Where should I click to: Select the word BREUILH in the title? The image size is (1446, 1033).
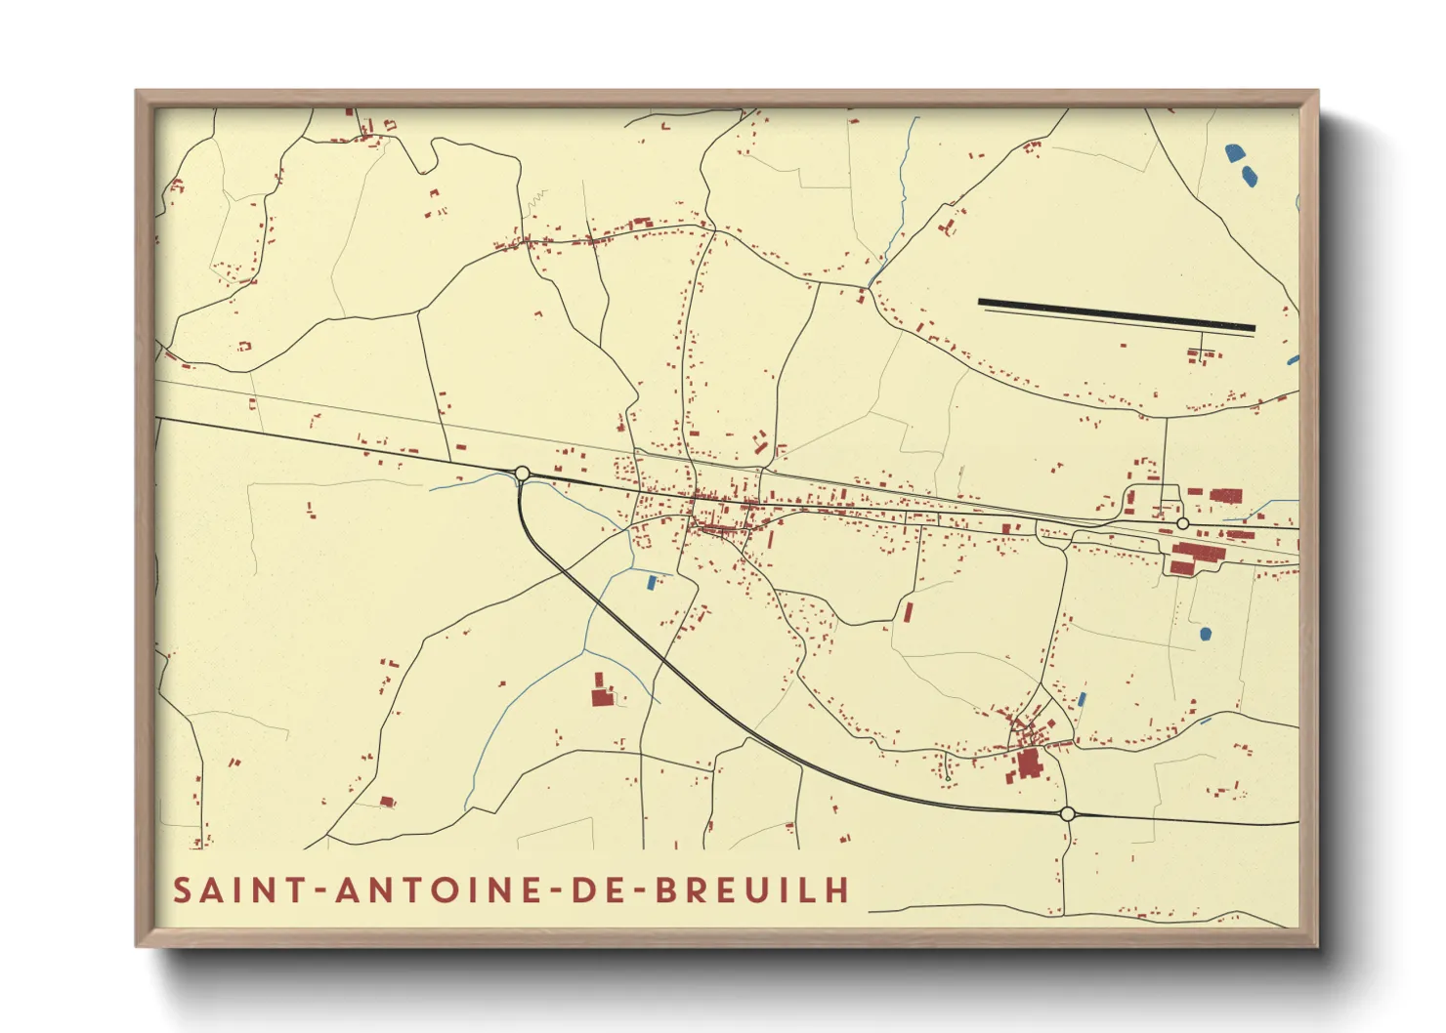pos(751,890)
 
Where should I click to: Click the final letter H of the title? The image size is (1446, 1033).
pos(837,890)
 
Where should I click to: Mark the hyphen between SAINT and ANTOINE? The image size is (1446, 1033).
pos(321,891)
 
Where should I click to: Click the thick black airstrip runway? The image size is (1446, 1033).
pos(1116,314)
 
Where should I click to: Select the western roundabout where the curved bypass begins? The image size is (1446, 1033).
pos(522,474)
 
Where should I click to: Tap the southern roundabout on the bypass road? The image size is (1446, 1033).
pos(1067,813)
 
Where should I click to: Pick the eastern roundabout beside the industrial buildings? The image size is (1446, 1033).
pos(1183,524)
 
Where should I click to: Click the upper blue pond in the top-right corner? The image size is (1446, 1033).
pos(1235,152)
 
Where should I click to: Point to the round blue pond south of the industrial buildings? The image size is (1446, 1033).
pos(1205,634)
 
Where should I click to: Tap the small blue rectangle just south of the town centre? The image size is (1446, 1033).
pos(652,582)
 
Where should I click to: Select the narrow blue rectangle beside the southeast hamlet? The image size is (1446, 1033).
pos(1082,700)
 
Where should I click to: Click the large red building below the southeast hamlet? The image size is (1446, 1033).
pos(1028,764)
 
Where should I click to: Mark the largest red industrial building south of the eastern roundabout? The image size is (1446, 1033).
pos(1197,556)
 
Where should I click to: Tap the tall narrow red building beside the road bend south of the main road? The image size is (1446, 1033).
pos(909,612)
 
